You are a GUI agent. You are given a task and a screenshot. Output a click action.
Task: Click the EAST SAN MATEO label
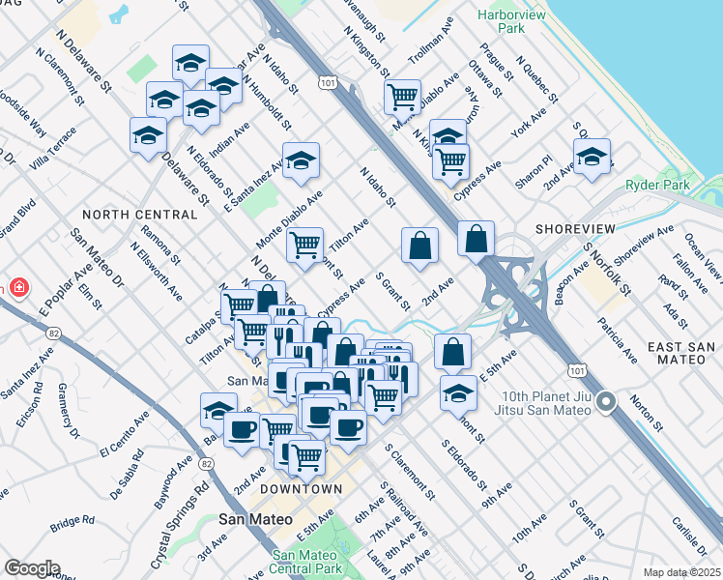click(681, 354)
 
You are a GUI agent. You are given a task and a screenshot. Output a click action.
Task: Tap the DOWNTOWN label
click(302, 489)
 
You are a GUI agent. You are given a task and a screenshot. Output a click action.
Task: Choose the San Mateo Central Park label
click(308, 562)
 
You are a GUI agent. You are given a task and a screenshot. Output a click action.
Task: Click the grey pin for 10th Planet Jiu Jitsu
click(607, 400)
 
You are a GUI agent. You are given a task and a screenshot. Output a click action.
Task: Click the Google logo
click(32, 568)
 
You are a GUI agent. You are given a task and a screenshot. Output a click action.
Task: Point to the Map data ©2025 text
click(681, 572)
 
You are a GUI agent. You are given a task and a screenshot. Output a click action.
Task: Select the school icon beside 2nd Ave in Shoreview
click(592, 157)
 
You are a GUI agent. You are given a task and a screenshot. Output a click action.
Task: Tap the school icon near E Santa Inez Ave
click(301, 160)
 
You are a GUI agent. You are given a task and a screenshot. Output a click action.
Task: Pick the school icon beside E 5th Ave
click(458, 392)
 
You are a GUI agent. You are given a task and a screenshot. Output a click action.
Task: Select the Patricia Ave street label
click(617, 339)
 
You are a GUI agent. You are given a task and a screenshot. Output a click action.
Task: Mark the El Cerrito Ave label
click(124, 438)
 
